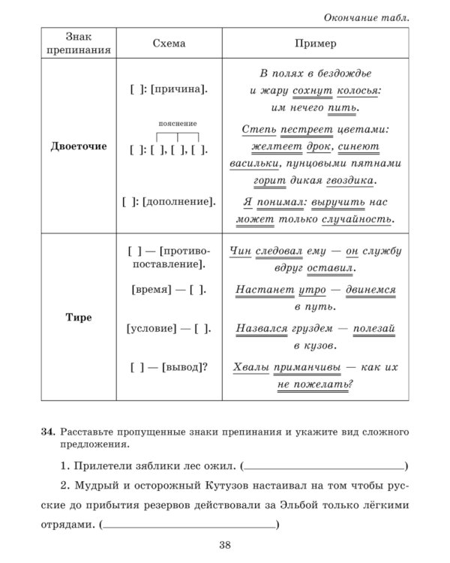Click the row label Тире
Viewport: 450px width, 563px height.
pyautogui.click(x=78, y=318)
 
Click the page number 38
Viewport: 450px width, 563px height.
pyautogui.click(x=225, y=545)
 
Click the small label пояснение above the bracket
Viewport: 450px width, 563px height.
pyautogui.click(x=178, y=123)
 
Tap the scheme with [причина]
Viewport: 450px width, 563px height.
pyautogui.click(x=169, y=90)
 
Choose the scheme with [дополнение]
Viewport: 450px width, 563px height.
pyautogui.click(x=169, y=201)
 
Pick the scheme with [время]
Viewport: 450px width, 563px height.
pyautogui.click(x=169, y=289)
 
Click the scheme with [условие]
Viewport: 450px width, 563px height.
pyautogui.click(x=169, y=328)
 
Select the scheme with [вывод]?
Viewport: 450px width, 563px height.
pyautogui.click(x=169, y=367)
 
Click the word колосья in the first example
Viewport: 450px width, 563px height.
pyautogui.click(x=355, y=90)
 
